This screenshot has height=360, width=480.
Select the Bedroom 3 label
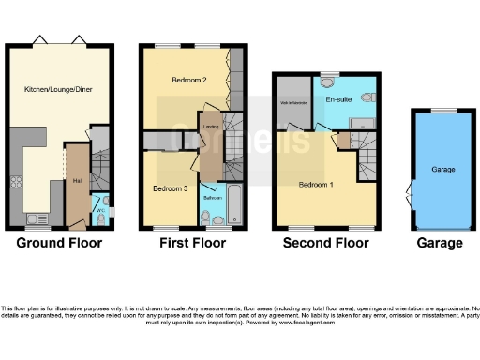[x=170, y=188]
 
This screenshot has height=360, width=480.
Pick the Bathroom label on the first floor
[x=212, y=198]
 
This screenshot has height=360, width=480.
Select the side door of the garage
[x=410, y=194]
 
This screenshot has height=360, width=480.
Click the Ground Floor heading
[x=60, y=243]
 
